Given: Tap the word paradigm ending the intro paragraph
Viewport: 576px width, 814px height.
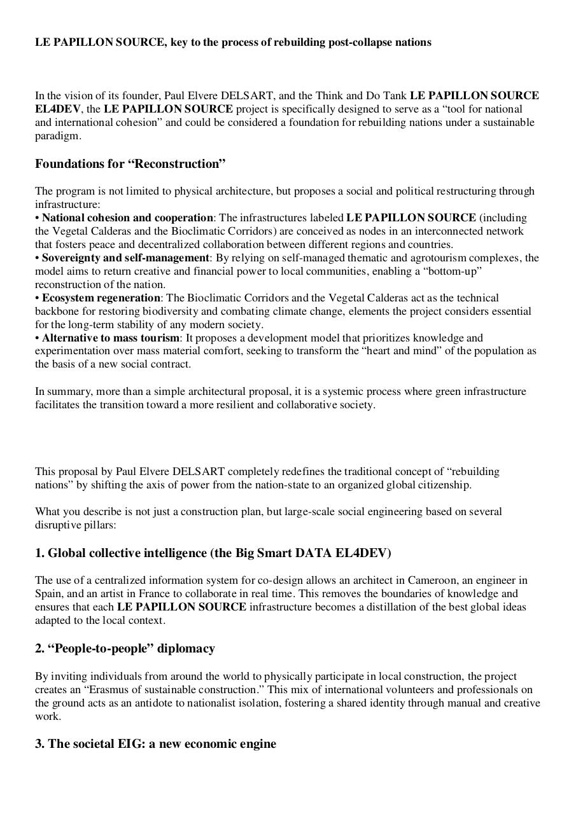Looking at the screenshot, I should tap(57, 135).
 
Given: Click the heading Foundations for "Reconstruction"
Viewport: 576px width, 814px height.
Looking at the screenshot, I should tap(130, 164).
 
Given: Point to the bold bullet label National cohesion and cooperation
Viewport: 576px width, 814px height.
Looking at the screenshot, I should tap(127, 217).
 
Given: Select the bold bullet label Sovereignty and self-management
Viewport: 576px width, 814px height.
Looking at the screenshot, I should tap(125, 258).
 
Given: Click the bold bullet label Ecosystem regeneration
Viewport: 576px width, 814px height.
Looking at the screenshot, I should tap(101, 298).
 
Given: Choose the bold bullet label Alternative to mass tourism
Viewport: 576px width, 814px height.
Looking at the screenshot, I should tap(111, 338).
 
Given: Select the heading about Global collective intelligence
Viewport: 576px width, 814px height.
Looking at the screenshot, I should tap(213, 553).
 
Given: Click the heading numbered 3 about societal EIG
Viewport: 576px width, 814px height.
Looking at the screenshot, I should tap(155, 744).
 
